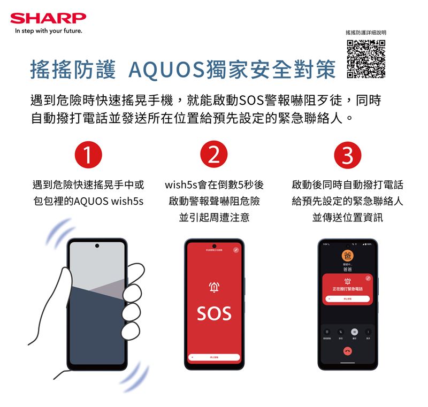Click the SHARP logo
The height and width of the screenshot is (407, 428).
[48, 18]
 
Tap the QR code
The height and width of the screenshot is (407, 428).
[366, 59]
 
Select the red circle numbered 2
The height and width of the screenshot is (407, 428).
[214, 156]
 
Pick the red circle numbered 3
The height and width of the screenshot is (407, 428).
[347, 156]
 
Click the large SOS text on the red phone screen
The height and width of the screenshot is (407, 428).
[214, 313]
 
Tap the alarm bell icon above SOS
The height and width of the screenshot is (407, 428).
[214, 288]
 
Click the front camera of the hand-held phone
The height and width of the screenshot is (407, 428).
[97, 246]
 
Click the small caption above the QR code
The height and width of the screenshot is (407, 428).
[366, 33]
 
